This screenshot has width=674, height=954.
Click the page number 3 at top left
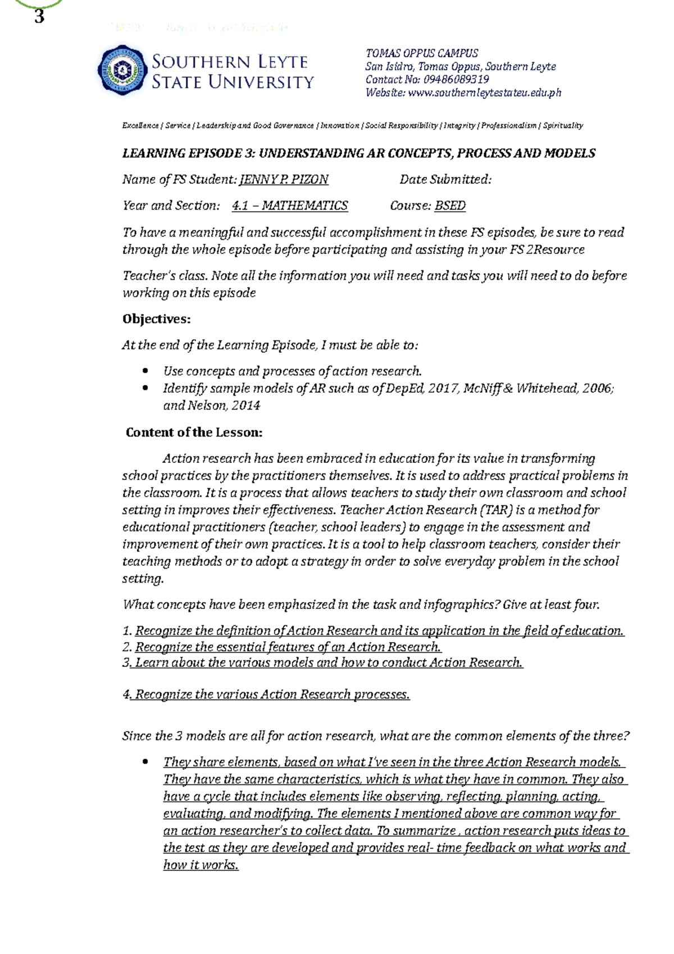pyautogui.click(x=39, y=17)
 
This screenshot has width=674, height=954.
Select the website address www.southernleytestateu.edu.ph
pyautogui.click(x=484, y=93)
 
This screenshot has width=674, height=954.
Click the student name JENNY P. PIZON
pyautogui.click(x=284, y=180)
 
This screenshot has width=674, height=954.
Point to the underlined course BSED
pyautogui.click(x=450, y=206)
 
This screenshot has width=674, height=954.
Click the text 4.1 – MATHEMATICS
pyautogui.click(x=290, y=206)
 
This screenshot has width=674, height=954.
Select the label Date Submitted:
pyautogui.click(x=445, y=180)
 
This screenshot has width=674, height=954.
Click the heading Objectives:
pyautogui.click(x=156, y=319)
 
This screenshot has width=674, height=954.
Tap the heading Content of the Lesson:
pyautogui.click(x=194, y=433)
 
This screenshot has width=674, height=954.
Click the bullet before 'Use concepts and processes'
pyautogui.click(x=145, y=371)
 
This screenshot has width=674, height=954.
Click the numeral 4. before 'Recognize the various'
pyautogui.click(x=126, y=695)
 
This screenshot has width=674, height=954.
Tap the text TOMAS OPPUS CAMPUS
pyautogui.click(x=421, y=53)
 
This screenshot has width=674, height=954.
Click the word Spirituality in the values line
pyautogui.click(x=562, y=126)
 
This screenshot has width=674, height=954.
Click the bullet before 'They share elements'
pyautogui.click(x=145, y=762)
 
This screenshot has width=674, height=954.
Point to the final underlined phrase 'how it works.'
pyautogui.click(x=201, y=865)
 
